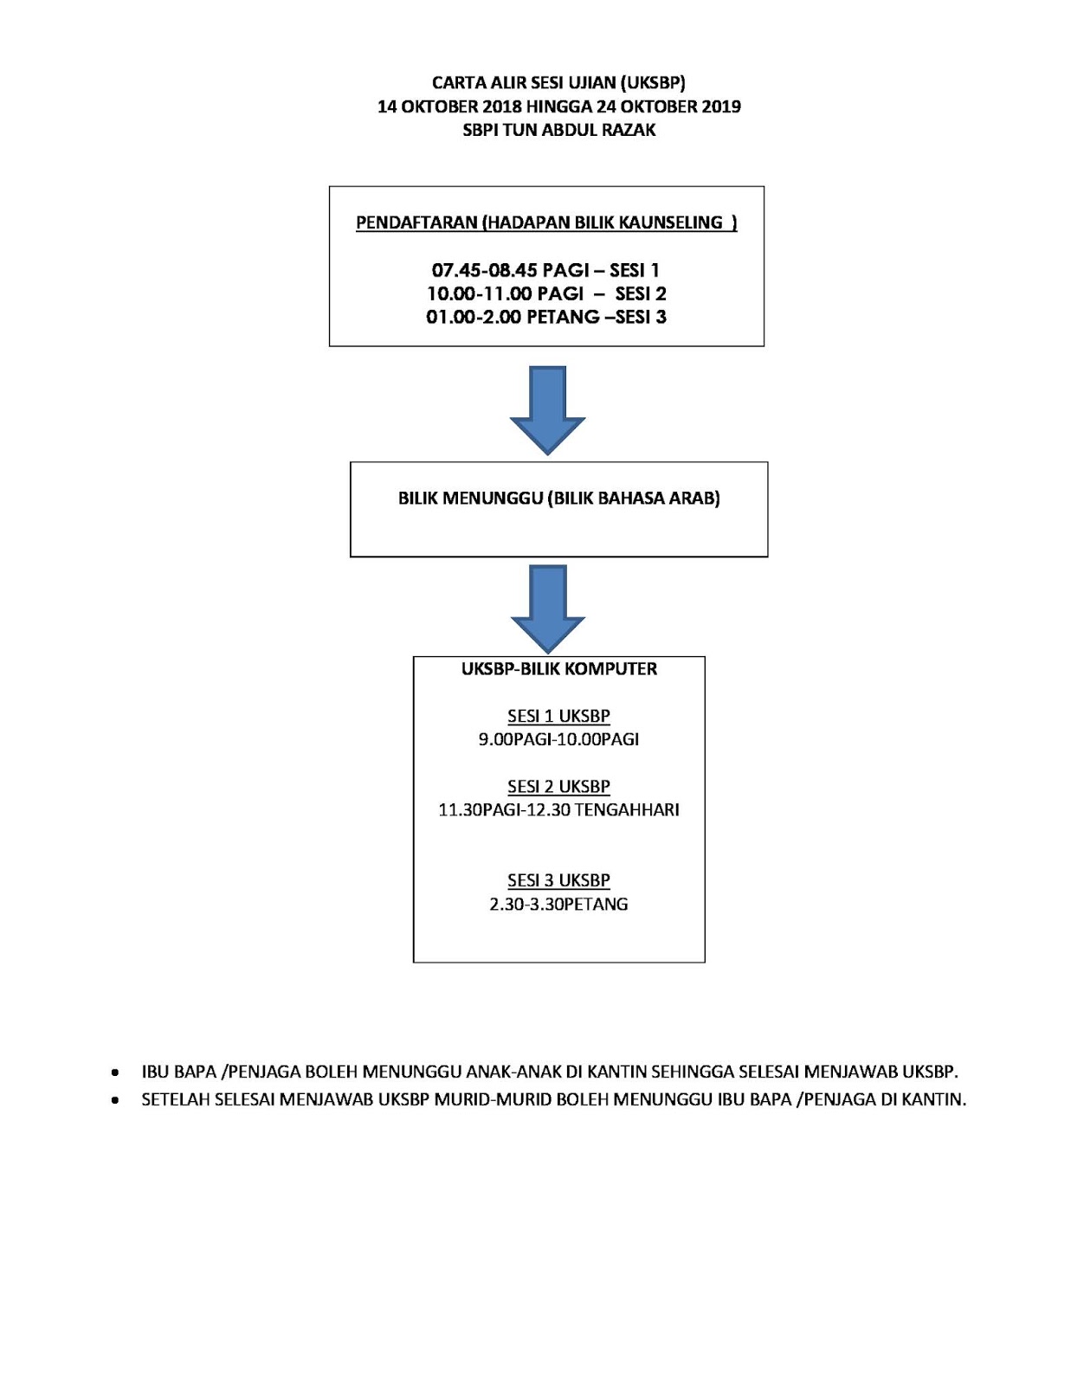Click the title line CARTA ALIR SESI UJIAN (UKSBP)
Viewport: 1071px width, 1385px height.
click(x=558, y=83)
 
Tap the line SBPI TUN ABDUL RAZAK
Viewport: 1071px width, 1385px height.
click(x=558, y=130)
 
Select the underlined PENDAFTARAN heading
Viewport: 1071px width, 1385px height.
click(x=546, y=222)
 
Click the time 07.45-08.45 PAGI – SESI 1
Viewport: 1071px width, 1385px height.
click(x=545, y=270)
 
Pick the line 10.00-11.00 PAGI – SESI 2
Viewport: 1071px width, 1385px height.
click(x=546, y=293)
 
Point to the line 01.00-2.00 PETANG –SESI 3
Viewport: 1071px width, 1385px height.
click(x=546, y=317)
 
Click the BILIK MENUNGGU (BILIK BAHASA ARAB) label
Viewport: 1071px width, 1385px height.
click(x=558, y=499)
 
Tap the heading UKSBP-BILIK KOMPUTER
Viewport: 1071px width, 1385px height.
click(x=558, y=669)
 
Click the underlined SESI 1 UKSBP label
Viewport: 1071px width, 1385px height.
click(x=558, y=716)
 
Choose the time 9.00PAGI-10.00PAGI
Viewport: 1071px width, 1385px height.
click(x=558, y=739)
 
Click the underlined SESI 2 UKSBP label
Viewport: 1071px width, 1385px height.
click(x=558, y=786)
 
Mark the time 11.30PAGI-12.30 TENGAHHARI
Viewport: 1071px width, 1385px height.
click(x=558, y=810)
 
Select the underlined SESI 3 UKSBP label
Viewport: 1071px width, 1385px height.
click(x=558, y=880)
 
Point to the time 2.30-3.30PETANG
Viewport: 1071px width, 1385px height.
click(x=558, y=905)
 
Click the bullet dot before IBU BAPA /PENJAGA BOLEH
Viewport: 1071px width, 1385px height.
click(x=115, y=1073)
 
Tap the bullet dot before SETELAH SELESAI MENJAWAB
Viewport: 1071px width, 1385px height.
click(x=115, y=1101)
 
